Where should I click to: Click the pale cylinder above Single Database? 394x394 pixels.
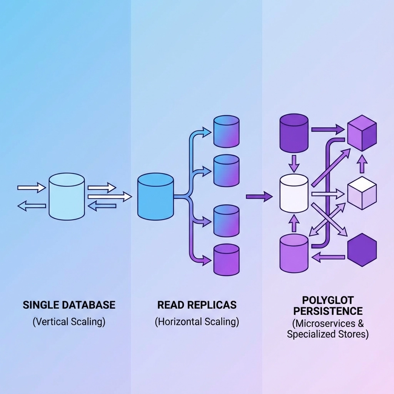[67, 197]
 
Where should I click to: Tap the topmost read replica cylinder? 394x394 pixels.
[226, 132]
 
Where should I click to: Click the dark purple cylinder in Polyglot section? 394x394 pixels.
[294, 133]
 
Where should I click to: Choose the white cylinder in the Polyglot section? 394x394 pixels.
[294, 193]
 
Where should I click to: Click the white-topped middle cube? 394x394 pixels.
[362, 195]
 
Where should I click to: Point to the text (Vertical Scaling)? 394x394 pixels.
[69, 322]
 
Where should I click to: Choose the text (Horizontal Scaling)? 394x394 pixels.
[197, 322]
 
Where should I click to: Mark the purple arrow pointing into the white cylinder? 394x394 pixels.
[259, 197]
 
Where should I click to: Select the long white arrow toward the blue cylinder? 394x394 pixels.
[109, 197]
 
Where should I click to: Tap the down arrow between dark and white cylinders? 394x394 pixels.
[294, 163]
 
